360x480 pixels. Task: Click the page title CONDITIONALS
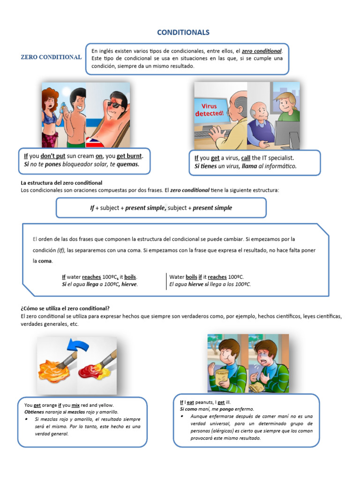click(x=183, y=32)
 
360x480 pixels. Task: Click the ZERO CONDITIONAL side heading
click(x=51, y=57)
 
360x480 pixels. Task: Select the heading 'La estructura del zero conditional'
click(x=62, y=182)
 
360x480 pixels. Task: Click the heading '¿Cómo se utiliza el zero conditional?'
click(x=65, y=308)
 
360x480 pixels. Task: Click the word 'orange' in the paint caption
click(x=51, y=405)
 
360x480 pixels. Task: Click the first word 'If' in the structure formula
click(x=92, y=208)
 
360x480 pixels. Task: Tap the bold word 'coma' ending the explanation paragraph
click(x=45, y=261)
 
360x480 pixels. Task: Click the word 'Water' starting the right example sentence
click(x=177, y=277)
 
